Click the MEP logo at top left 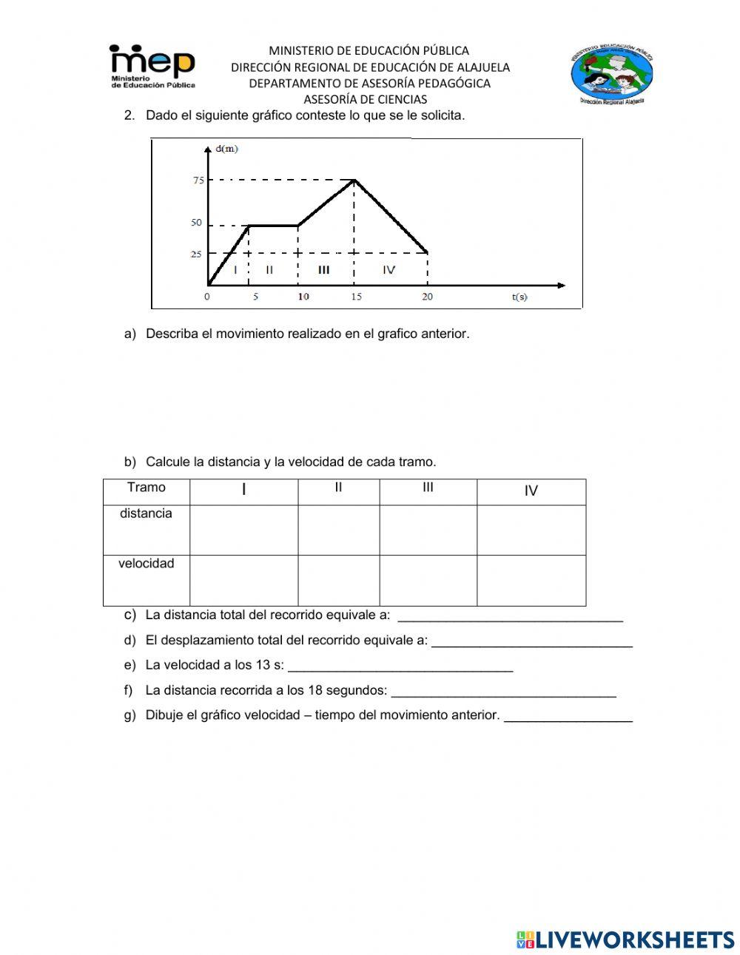(152, 66)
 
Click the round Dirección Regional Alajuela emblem (611, 75)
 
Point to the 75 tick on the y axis (198, 180)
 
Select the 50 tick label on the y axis (197, 223)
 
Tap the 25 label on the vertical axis (196, 254)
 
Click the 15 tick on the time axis (356, 297)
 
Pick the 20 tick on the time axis (428, 297)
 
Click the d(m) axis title (226, 149)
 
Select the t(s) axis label (519, 297)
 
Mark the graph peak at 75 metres (355, 180)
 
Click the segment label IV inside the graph (389, 270)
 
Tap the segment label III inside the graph (324, 270)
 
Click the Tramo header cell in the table (147, 487)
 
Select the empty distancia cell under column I (243, 530)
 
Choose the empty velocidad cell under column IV (531, 580)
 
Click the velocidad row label (147, 564)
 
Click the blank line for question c (510, 619)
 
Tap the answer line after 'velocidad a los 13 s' (400, 669)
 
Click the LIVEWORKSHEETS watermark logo (625, 939)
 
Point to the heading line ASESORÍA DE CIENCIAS (366, 99)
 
